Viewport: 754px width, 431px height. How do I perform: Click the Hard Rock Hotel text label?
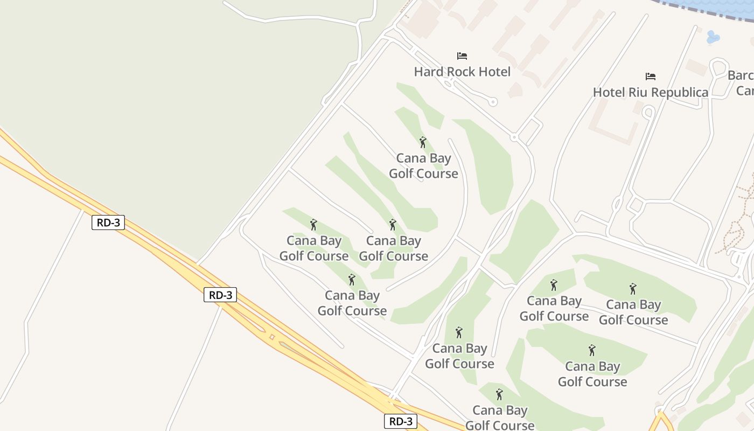pos(462,72)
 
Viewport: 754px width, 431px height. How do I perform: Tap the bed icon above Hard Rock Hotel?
pos(462,55)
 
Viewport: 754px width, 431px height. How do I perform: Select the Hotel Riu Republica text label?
pos(651,92)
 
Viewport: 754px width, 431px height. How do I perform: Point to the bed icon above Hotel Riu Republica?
pos(651,77)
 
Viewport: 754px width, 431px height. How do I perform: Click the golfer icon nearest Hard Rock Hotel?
pos(423,142)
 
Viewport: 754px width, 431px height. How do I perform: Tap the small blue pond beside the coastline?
pos(712,37)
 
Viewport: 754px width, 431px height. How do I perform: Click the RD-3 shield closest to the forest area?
pos(108,222)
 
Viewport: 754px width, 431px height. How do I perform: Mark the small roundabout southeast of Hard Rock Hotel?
pos(514,137)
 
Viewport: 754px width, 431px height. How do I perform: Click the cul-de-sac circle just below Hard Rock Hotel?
pos(493,101)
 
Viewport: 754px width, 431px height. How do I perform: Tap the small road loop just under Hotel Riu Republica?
pos(648,112)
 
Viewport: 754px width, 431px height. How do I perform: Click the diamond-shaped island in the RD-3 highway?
pos(272,337)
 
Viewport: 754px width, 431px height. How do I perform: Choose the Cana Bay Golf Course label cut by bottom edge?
pos(499,418)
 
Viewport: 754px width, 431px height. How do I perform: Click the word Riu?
pos(638,92)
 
